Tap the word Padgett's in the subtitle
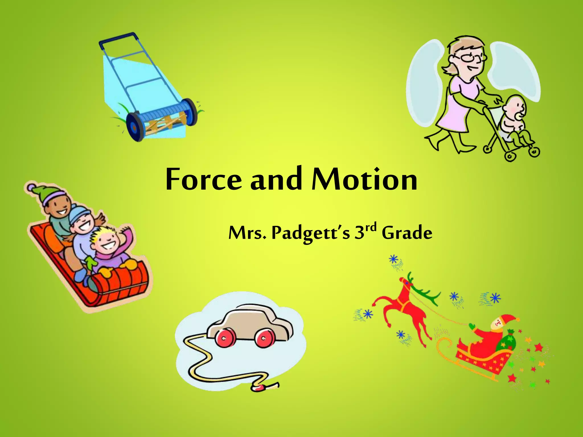310,233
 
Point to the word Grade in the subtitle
407,233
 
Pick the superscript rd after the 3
371,227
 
